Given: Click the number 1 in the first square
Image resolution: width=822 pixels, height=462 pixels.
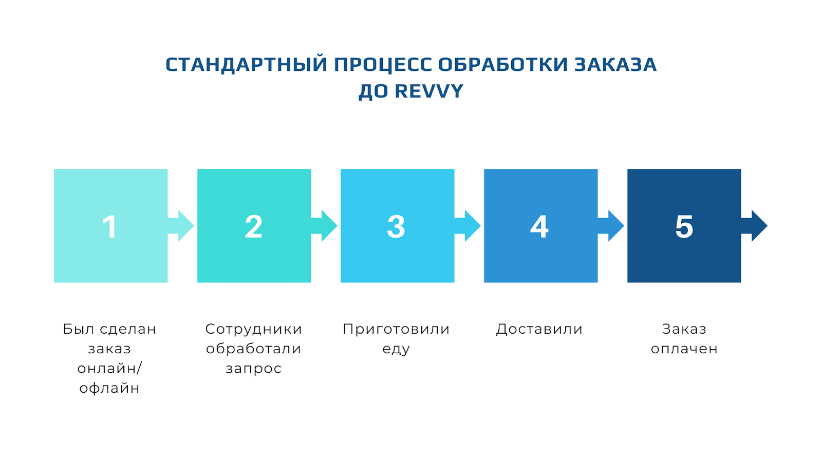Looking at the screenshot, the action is click(110, 226).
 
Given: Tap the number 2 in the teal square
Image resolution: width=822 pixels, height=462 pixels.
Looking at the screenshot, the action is click(254, 226).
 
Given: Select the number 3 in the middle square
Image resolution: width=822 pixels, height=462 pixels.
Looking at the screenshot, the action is click(396, 226).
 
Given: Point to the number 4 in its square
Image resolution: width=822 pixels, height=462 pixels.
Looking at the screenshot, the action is click(539, 226).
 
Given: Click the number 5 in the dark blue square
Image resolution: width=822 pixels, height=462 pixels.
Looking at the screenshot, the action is click(684, 226).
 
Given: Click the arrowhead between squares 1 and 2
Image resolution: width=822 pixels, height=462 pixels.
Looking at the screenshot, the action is click(185, 226).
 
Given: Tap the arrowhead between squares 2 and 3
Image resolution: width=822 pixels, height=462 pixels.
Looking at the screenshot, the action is click(329, 226).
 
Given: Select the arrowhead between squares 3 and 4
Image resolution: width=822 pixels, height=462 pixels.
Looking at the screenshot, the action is click(473, 226).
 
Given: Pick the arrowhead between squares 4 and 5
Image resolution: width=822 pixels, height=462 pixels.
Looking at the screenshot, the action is click(616, 226).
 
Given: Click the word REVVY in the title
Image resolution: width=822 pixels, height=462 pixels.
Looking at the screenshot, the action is click(429, 91).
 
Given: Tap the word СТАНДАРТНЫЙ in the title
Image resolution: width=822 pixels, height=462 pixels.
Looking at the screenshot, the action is click(246, 65).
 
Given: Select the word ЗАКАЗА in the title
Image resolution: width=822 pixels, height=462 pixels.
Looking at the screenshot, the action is click(615, 65).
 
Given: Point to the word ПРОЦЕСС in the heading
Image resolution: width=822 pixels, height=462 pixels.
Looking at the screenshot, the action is click(383, 65).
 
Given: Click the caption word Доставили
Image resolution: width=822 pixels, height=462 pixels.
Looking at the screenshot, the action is click(539, 329).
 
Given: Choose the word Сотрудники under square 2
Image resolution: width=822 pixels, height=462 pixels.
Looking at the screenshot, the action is click(254, 329).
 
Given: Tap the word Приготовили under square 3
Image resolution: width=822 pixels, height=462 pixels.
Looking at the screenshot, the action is click(396, 329).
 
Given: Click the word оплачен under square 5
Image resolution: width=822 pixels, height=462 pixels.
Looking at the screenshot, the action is click(684, 349).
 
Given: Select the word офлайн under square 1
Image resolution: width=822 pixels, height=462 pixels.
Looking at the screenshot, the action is click(109, 388).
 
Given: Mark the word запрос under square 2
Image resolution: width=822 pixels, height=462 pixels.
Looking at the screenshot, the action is click(254, 369).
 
